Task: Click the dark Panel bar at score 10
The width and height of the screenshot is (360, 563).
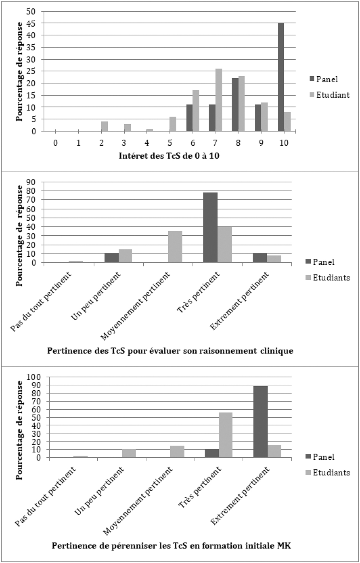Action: point(280,77)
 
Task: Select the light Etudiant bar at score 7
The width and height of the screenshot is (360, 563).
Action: point(219,100)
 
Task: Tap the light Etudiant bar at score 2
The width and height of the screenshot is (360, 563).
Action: point(104,126)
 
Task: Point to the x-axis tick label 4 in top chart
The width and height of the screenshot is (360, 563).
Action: point(147,143)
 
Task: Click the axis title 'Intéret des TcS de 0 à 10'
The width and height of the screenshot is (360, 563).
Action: point(169,156)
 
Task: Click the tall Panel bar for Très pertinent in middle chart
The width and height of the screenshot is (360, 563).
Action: point(210,227)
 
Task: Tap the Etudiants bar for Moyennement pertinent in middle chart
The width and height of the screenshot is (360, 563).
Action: point(175,247)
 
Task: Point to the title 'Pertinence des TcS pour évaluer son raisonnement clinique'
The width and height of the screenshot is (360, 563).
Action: point(170,351)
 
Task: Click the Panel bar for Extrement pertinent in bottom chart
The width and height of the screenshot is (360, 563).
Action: point(260,422)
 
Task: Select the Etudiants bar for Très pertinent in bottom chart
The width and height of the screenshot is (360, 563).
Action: point(226,435)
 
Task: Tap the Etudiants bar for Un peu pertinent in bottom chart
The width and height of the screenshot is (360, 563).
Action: point(129,453)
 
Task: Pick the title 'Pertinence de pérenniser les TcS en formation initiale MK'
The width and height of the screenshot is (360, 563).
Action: point(171,546)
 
